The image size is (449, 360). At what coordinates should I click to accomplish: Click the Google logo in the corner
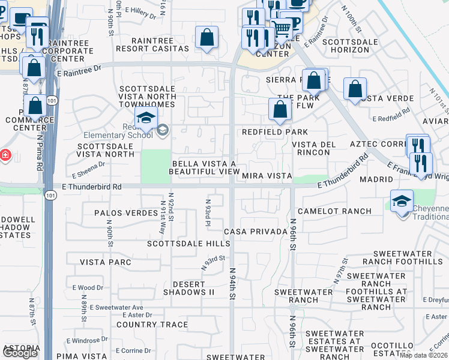tap(20, 353)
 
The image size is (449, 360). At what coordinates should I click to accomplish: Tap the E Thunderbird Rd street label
tap(92, 187)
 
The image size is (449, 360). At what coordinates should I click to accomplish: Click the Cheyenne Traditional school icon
tap(402, 201)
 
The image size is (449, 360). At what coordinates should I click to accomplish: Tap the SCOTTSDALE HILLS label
tap(188, 244)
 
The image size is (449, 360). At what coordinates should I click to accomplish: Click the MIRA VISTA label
tap(267, 176)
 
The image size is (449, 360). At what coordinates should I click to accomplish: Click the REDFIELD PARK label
tap(275, 132)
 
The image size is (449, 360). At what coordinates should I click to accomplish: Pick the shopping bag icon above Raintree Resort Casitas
tap(206, 37)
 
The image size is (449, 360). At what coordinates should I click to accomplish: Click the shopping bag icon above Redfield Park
tap(280, 109)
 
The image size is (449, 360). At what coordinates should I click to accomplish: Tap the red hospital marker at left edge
tap(5, 155)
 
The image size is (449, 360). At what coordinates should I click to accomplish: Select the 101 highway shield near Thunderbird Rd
tap(51, 196)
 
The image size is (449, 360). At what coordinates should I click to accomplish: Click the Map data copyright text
tap(423, 355)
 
